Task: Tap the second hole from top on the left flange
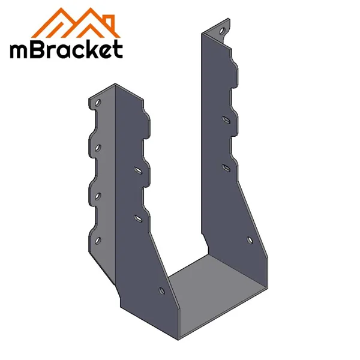click(97, 146)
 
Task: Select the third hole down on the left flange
click(97, 196)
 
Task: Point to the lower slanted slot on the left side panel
click(137, 217)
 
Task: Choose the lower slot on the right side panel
click(226, 166)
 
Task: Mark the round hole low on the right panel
click(250, 241)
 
